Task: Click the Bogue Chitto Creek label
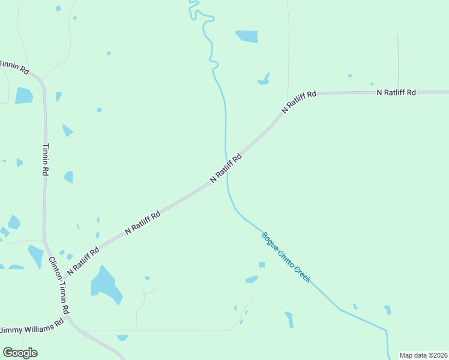tap(286, 257)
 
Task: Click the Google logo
tap(20, 353)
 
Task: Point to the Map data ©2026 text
tap(423, 355)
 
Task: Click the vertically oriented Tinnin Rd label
tap(46, 159)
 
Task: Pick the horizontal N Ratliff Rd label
tap(396, 92)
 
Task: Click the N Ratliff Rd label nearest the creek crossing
tap(226, 167)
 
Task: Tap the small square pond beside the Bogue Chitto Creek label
tap(262, 265)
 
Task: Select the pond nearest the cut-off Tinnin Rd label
tap(23, 95)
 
